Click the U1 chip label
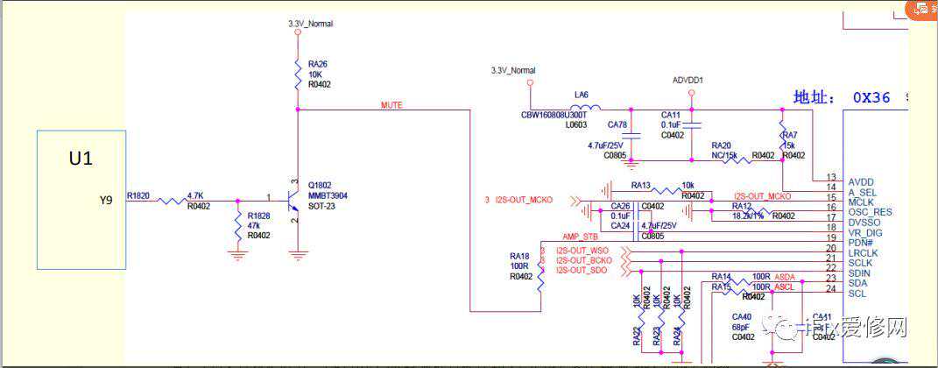(x=81, y=159)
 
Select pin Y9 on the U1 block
(x=106, y=201)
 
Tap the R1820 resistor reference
(x=138, y=196)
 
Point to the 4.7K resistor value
(x=196, y=196)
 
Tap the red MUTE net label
(x=391, y=104)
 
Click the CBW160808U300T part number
(x=554, y=115)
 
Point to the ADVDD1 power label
(x=688, y=81)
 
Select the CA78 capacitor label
(x=617, y=124)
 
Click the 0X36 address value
(x=871, y=98)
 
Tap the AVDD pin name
(x=862, y=181)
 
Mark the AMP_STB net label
(x=581, y=237)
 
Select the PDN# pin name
(x=860, y=242)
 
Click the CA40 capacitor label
(x=742, y=316)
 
